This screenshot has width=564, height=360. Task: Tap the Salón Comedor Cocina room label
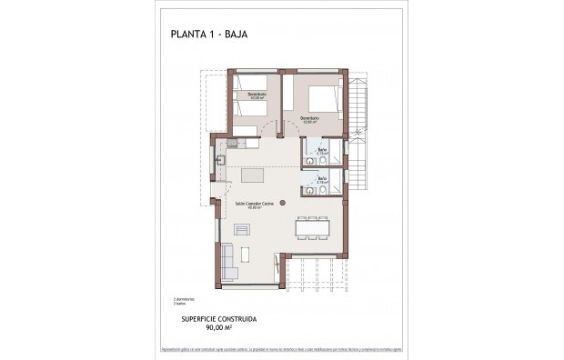coord(256,205)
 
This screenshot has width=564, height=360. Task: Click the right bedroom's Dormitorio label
coord(309,117)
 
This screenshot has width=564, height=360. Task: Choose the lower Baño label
coord(321,179)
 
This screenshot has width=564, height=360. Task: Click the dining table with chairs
coord(313,227)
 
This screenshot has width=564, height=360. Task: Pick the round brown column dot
coord(283,202)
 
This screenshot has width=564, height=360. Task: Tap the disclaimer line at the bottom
coord(282,346)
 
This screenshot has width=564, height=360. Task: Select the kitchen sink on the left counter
coord(220,161)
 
